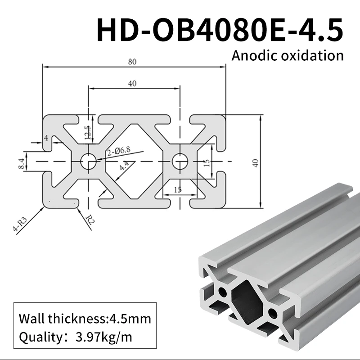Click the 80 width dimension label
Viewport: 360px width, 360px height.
[x=132, y=62]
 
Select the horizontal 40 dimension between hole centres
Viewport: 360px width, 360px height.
[x=132, y=83]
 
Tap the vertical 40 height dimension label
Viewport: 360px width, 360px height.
[x=256, y=162]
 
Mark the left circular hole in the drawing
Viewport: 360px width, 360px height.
[x=89, y=161]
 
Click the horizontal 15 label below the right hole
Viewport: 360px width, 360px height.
[x=177, y=190]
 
